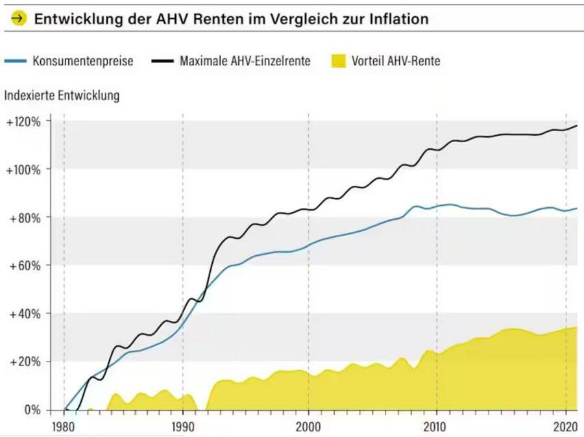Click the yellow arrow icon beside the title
[19, 19]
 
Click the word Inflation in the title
[397, 19]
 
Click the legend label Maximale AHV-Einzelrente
[245, 61]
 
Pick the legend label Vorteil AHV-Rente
[396, 61]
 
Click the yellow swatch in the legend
[338, 61]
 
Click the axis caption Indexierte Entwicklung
[62, 95]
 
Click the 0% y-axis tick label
[30, 410]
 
